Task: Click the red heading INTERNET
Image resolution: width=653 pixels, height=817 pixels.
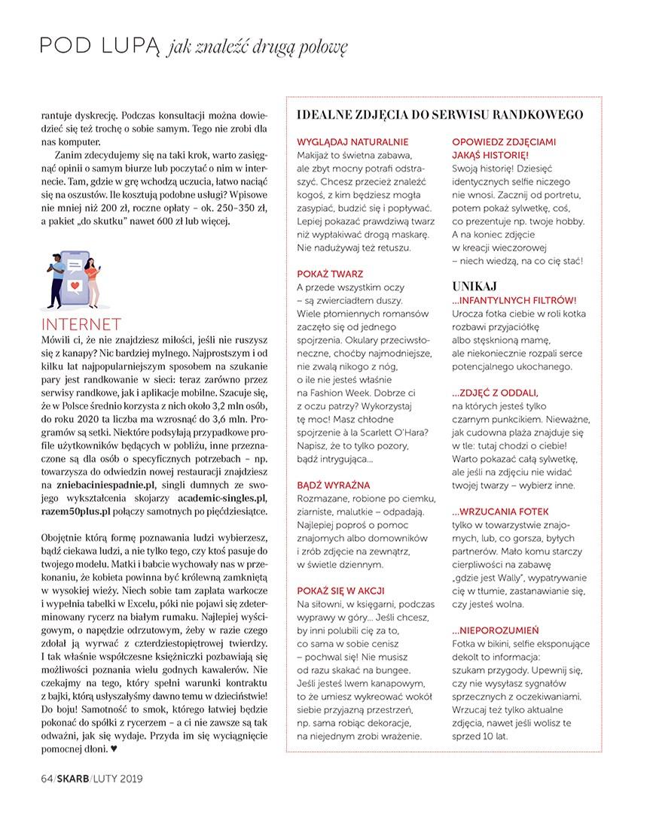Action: (x=82, y=325)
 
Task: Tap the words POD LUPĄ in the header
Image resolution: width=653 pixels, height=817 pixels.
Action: (x=99, y=47)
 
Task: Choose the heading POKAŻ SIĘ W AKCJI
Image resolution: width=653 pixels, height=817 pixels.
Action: (x=343, y=590)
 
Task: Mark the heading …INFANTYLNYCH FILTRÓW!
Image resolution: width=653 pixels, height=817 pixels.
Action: (x=514, y=300)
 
